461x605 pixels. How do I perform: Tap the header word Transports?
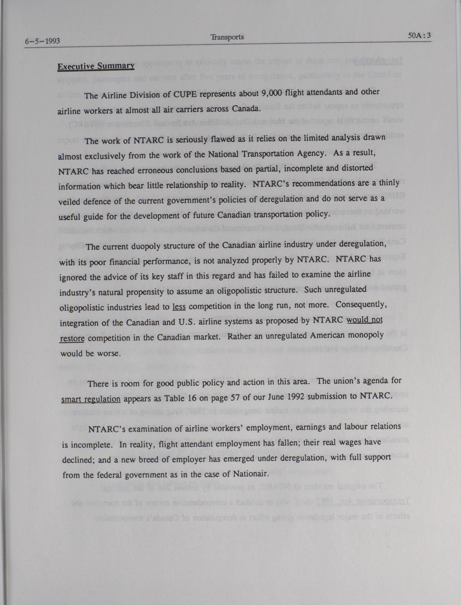tap(227, 37)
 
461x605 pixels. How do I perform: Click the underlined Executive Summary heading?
tap(96, 66)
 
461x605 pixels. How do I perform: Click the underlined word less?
tap(179, 307)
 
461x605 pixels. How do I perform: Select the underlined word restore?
tap(72, 338)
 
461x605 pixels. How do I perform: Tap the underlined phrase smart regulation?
tap(91, 399)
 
